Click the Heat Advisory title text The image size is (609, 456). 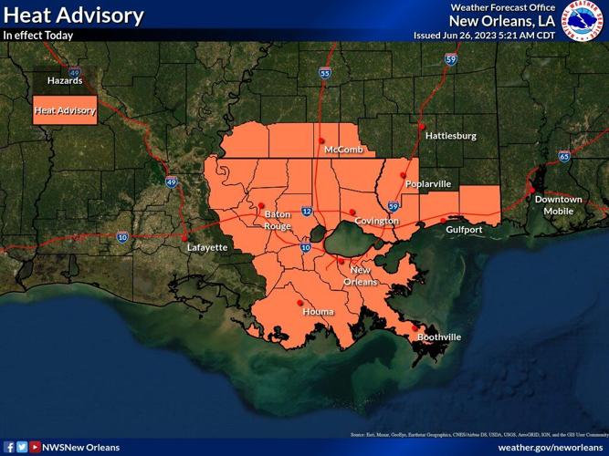coord(73,16)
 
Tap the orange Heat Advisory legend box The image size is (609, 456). coord(64,111)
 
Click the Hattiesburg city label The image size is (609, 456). coord(451,136)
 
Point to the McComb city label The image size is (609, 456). coord(343,150)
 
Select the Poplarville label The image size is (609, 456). coord(427,184)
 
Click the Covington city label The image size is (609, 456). coord(377,222)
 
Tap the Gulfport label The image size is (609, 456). coord(464,230)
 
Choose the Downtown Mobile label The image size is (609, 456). coord(558,205)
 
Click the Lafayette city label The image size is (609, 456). coord(207,247)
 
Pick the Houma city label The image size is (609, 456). coord(318,312)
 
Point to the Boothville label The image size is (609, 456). coord(439,337)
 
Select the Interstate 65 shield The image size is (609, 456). coord(564,157)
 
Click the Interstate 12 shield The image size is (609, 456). coord(307,212)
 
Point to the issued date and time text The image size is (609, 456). coord(485,36)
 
